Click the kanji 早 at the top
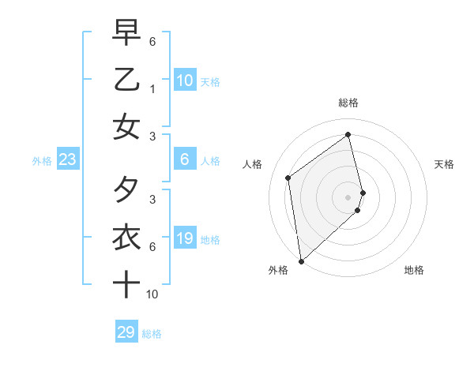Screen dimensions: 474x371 (x=126, y=34)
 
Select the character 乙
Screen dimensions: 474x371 (x=126, y=81)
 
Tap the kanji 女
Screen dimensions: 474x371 (x=126, y=127)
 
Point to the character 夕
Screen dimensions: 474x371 (x=126, y=190)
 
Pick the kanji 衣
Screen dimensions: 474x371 (x=126, y=237)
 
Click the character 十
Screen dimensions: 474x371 (x=126, y=283)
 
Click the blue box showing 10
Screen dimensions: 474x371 (x=184, y=81)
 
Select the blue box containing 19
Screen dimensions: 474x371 (x=184, y=238)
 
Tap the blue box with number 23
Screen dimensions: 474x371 (x=67, y=160)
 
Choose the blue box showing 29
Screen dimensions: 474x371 (x=126, y=332)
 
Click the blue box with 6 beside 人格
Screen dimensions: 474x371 (x=184, y=160)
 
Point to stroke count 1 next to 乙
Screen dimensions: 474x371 (x=152, y=89)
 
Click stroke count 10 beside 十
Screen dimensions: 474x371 (x=152, y=294)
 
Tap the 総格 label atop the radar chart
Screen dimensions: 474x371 (x=348, y=103)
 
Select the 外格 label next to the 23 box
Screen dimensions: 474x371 (x=42, y=161)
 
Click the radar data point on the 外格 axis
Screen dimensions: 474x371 (x=301, y=260)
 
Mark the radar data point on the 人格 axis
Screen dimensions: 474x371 (x=288, y=178)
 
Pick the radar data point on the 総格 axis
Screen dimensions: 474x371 (x=348, y=134)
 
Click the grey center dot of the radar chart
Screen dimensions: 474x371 (x=348, y=196)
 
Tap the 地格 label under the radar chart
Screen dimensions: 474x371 (x=414, y=270)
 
